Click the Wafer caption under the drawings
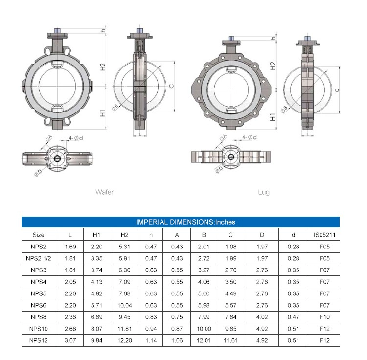[104, 192]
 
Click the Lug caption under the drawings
[264, 192]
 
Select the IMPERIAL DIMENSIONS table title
[185, 222]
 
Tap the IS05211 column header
[324, 235]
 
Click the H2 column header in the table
[124, 235]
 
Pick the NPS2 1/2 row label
[38, 258]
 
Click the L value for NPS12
[70, 340]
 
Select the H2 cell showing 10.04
[124, 305]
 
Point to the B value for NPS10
[204, 329]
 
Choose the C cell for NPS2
[231, 247]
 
